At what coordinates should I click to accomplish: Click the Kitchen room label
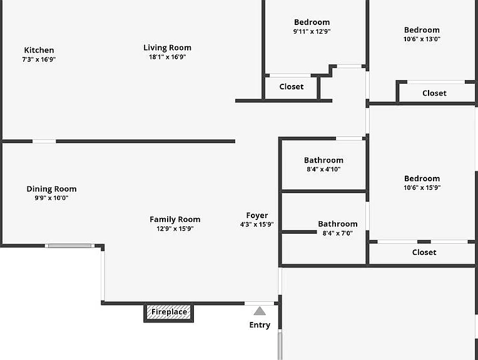click(39, 50)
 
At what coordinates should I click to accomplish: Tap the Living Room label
click(167, 48)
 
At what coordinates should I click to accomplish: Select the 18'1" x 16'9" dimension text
click(167, 57)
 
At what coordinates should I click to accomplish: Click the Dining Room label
click(51, 189)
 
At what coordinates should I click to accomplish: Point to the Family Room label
click(175, 219)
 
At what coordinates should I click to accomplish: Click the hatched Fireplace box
click(169, 312)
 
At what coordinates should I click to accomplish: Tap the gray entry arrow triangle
click(260, 311)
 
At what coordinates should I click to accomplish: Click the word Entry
click(260, 325)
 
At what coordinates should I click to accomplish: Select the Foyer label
click(257, 216)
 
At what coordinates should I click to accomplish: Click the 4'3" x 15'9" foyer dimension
click(257, 225)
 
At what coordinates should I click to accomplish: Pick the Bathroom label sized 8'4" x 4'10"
click(323, 160)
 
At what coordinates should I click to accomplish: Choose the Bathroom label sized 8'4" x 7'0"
click(338, 224)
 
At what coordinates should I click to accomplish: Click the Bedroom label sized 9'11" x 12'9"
click(312, 22)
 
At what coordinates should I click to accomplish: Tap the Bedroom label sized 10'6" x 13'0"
click(422, 30)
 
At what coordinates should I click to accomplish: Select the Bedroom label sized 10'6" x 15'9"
click(422, 179)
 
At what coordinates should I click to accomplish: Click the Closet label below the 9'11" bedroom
click(292, 87)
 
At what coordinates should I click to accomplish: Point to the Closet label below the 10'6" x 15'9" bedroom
click(424, 252)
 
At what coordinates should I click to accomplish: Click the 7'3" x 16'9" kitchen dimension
click(39, 59)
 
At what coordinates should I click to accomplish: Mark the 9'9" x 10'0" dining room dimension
click(51, 198)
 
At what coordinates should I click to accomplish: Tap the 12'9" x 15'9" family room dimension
click(175, 229)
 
